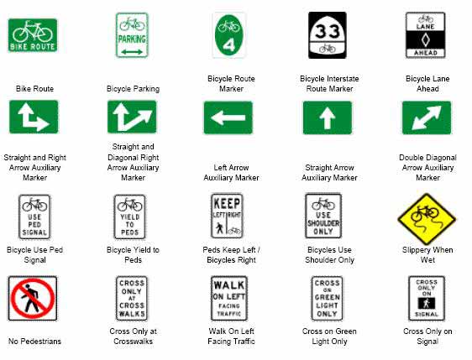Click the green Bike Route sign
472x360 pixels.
tap(33, 35)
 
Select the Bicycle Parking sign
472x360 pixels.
tap(132, 35)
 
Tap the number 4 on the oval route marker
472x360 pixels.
tap(229, 44)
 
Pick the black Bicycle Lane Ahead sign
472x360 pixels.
tap(425, 34)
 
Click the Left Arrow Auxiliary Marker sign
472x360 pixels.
tap(228, 117)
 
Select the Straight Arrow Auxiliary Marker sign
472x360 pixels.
tap(327, 117)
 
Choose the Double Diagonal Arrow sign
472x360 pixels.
tap(427, 117)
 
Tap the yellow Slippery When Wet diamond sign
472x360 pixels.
tap(427, 217)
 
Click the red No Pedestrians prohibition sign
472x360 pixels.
tap(33, 299)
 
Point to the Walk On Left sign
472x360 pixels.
tap(228, 298)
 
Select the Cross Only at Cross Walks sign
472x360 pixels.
tap(132, 299)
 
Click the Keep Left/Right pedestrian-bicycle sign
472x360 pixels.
tap(228, 217)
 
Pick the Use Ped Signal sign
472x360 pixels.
tap(34, 217)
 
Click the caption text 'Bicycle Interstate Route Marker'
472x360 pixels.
tap(330, 83)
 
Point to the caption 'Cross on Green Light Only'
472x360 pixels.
tap(330, 337)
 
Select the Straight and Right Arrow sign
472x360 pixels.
tap(34, 117)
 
